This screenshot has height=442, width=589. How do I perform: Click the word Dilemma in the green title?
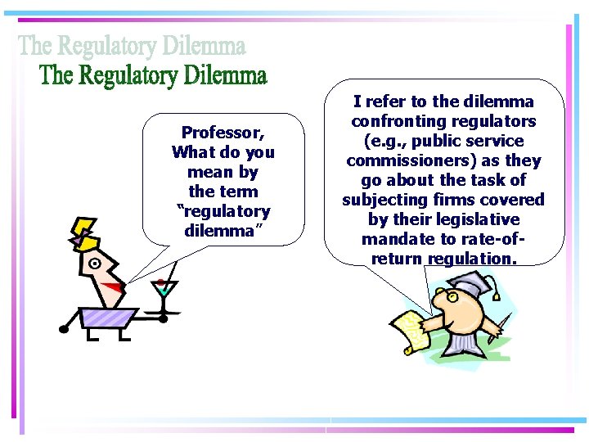click(225, 77)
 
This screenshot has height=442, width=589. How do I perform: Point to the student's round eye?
click(95, 264)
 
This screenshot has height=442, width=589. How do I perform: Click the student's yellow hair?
click(83, 232)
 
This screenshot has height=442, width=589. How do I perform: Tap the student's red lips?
click(116, 286)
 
